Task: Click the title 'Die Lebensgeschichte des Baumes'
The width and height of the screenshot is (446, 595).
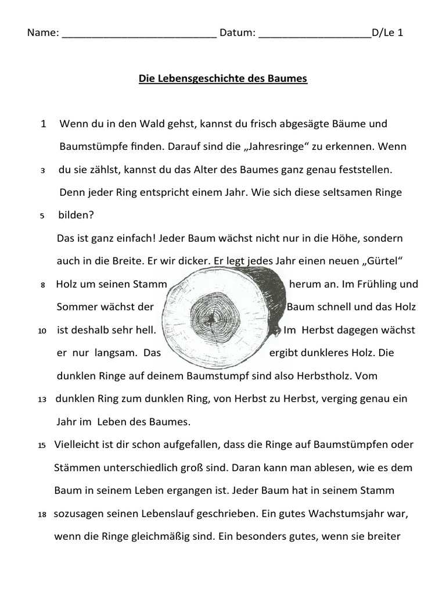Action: click(222, 78)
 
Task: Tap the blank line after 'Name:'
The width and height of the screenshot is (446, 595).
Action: click(139, 34)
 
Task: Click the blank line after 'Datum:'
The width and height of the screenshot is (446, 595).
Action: click(314, 34)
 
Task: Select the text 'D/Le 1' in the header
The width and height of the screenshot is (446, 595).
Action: click(387, 33)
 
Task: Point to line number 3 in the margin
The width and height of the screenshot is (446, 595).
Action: click(43, 171)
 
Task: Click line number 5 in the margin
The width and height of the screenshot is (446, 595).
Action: click(42, 216)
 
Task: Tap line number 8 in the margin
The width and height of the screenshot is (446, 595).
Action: click(42, 285)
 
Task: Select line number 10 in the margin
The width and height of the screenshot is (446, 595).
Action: click(42, 331)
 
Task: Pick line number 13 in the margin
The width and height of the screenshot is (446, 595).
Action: click(42, 400)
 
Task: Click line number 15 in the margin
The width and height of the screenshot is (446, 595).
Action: click(42, 446)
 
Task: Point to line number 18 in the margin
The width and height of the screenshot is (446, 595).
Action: click(42, 515)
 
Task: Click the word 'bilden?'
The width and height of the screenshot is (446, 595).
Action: click(76, 216)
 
